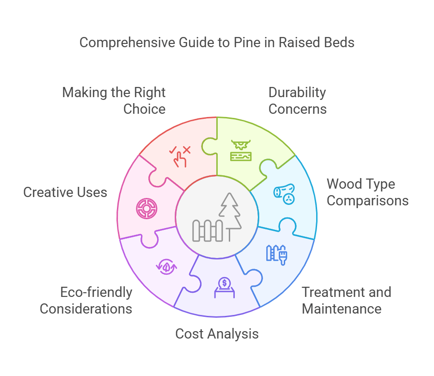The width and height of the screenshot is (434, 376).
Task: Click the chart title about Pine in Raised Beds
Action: click(217, 43)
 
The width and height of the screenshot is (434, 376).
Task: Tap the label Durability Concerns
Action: click(297, 100)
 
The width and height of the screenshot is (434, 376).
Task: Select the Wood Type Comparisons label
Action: click(367, 192)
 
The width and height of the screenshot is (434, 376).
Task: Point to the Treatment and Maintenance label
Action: click(346, 300)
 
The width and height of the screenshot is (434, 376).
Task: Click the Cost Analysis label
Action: click(217, 333)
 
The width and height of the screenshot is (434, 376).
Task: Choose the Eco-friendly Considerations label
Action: click(86, 300)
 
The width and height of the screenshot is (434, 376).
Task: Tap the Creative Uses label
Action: click(65, 192)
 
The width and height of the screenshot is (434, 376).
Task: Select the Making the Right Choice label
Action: click(114, 100)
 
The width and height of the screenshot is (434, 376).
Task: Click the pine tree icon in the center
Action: click(230, 211)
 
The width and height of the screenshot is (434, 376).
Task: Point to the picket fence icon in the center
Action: click(208, 230)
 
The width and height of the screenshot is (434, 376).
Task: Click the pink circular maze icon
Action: click(146, 209)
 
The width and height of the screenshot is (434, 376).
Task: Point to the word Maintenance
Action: click(342, 308)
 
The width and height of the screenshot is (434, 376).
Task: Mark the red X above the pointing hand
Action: click(186, 149)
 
